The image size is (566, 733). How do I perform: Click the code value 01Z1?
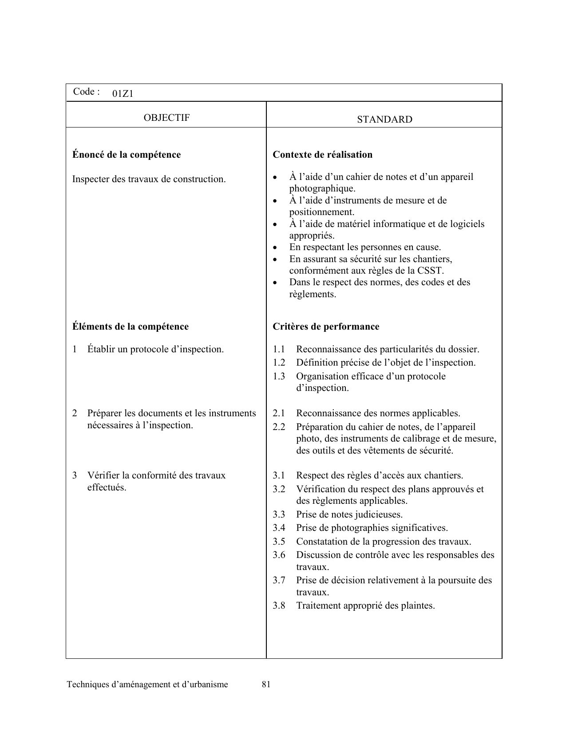click(123, 94)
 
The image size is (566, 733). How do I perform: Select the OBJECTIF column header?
click(166, 118)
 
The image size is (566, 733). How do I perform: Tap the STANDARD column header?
click(384, 120)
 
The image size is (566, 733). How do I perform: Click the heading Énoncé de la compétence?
click(127, 155)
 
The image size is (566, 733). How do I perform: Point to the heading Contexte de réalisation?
click(322, 155)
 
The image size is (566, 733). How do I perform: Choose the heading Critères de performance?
click(326, 327)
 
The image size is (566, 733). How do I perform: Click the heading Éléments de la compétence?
click(131, 327)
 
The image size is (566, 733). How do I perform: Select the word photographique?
click(322, 188)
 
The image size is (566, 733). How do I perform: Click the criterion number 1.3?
click(279, 376)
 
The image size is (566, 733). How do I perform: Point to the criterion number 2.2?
click(279, 427)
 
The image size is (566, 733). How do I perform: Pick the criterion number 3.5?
click(279, 542)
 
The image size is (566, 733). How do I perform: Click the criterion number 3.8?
click(279, 606)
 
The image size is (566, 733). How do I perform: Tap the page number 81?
click(266, 685)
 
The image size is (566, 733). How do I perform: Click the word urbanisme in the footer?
click(209, 685)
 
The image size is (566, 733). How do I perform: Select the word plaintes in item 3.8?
click(419, 606)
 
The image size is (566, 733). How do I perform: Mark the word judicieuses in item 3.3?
click(380, 514)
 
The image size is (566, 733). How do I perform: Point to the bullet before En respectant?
click(276, 247)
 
